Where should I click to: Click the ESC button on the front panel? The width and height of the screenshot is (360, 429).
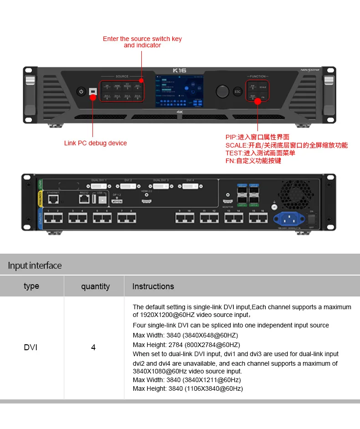(x=237, y=91)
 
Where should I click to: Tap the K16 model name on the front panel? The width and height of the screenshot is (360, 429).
(x=180, y=71)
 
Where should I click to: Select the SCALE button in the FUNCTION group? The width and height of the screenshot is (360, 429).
(x=263, y=87)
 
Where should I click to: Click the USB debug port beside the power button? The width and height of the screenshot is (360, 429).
(x=93, y=92)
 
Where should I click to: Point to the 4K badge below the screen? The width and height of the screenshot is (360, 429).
(x=180, y=112)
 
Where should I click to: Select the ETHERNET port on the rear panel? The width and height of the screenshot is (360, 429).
(x=53, y=199)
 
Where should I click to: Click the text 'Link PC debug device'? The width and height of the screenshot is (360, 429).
(x=95, y=143)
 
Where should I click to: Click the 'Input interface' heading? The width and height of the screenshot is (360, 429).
(x=35, y=266)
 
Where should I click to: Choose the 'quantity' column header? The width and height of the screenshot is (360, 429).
(x=95, y=286)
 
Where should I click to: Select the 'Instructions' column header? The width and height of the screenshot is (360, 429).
(x=153, y=286)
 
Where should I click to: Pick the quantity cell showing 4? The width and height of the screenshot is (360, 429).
(x=93, y=347)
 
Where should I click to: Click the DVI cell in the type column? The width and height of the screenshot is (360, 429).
(x=31, y=347)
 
